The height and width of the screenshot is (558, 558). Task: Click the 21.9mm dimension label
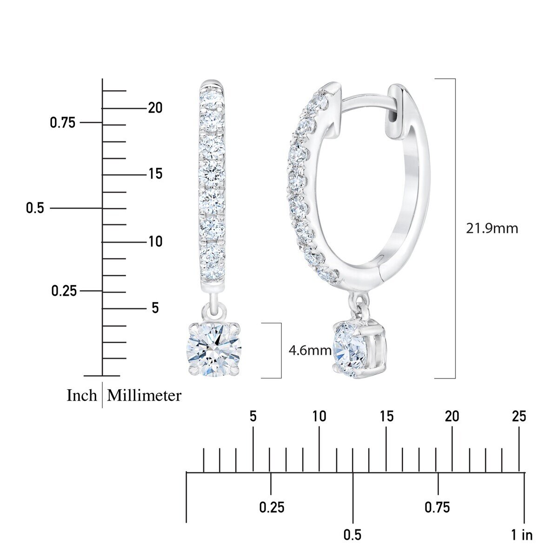(x=492, y=229)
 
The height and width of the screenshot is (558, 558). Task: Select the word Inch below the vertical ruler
(x=82, y=396)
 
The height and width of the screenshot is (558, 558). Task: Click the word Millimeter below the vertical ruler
(x=144, y=396)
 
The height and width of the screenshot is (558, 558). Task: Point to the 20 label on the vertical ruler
(x=155, y=108)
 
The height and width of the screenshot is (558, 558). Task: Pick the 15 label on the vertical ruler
(x=155, y=174)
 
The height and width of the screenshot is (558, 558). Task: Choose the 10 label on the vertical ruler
(x=155, y=242)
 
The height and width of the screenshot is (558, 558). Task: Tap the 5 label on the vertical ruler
(x=155, y=308)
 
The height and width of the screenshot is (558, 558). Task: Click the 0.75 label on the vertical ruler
(x=62, y=123)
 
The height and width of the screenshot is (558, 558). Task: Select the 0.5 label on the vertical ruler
(x=35, y=208)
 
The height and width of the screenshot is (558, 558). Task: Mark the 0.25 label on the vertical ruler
(x=64, y=291)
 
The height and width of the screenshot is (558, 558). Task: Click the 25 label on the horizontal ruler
(x=518, y=416)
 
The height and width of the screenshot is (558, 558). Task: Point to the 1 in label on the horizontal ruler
(x=522, y=535)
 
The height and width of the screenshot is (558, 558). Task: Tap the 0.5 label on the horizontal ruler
(x=352, y=535)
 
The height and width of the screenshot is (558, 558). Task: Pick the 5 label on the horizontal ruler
(x=253, y=416)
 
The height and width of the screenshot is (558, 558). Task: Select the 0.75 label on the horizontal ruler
(x=437, y=507)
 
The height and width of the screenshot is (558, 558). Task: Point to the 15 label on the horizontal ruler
(x=386, y=416)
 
